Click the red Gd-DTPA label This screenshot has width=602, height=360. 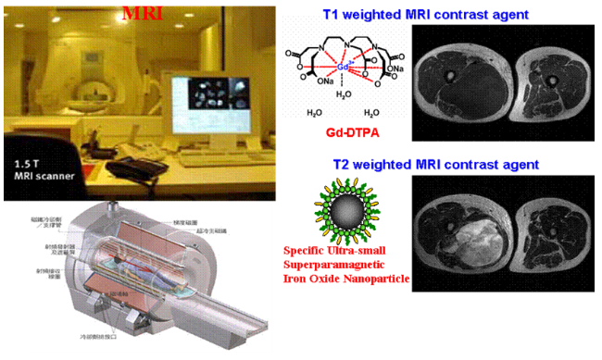[352, 132]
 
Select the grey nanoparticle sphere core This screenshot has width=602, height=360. [345, 214]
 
